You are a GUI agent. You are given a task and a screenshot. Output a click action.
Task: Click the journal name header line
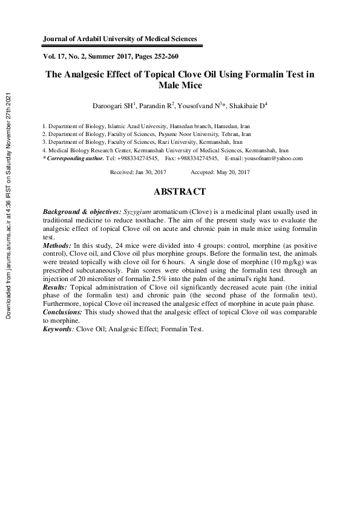point(120,39)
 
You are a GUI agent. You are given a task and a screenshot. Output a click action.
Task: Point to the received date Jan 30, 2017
point(150,172)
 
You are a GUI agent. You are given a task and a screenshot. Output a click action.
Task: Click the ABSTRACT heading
point(180,192)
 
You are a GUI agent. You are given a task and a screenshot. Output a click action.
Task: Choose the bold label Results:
point(56,287)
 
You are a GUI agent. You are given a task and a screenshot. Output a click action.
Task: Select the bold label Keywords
point(58,329)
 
